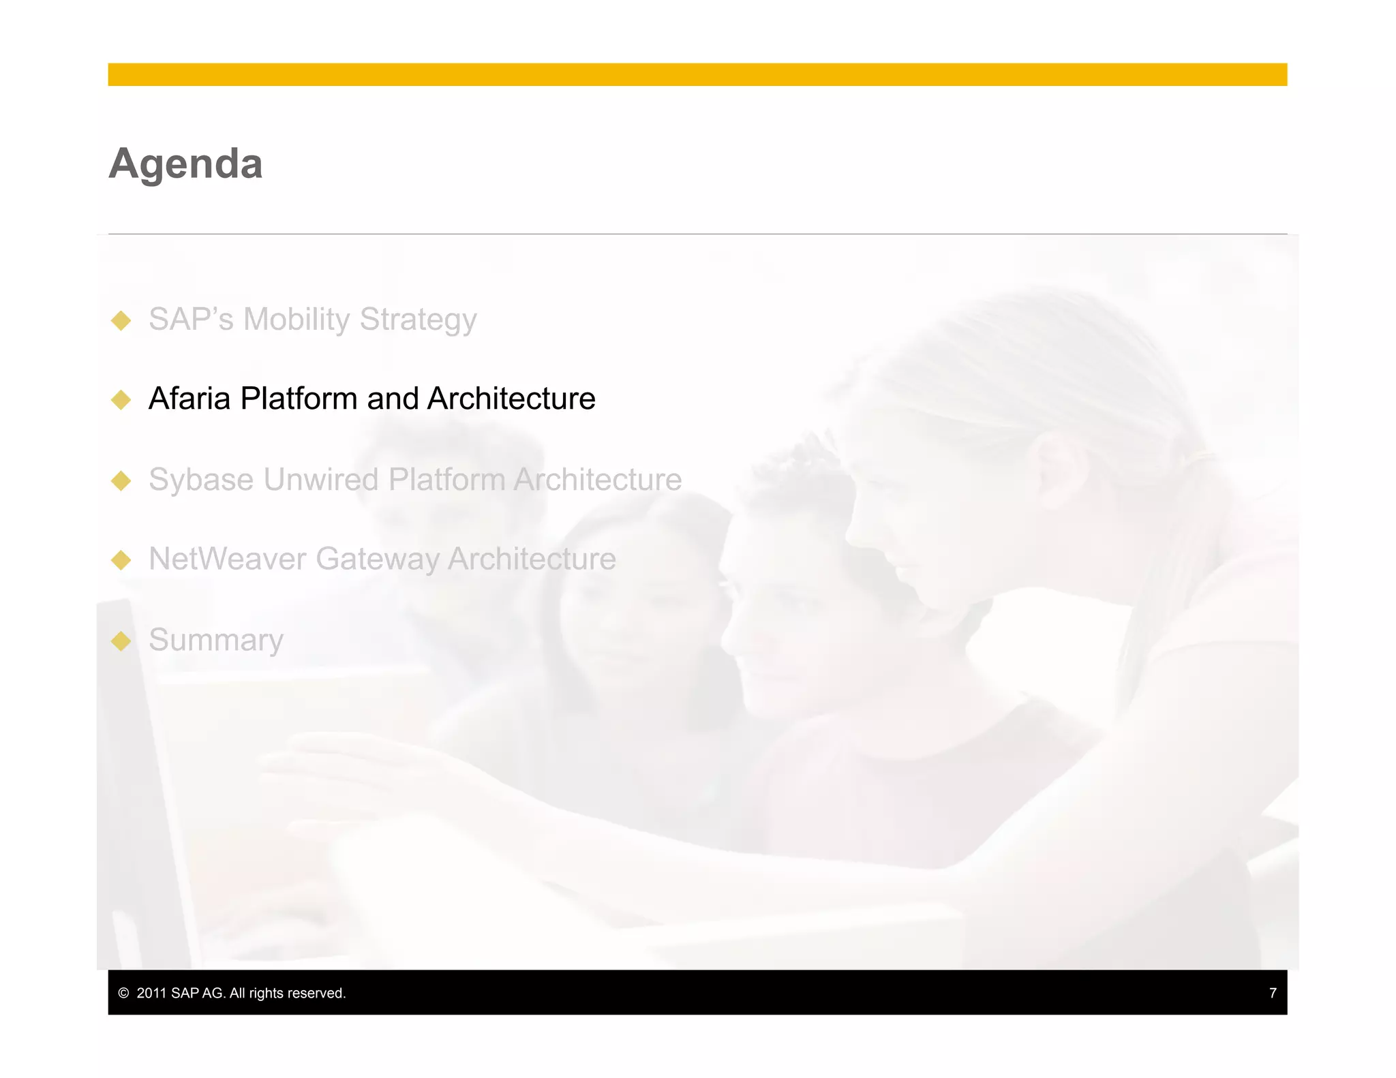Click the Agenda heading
(x=185, y=164)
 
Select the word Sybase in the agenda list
(x=202, y=480)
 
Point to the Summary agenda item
(x=215, y=640)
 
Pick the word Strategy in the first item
(x=418, y=320)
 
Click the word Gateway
(x=377, y=559)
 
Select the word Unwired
(x=321, y=480)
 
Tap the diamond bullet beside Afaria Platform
(x=121, y=400)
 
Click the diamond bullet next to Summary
(x=121, y=641)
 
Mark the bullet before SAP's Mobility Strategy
(x=121, y=320)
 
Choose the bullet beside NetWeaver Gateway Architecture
(x=121, y=560)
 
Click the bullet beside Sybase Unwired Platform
(x=121, y=480)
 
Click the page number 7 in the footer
(x=1272, y=993)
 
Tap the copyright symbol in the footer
(x=123, y=994)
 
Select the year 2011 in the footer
(x=151, y=994)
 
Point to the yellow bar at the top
(x=697, y=74)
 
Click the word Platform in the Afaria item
(x=299, y=399)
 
